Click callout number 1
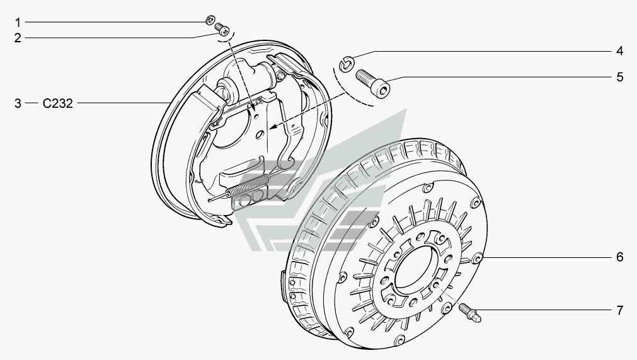pyautogui.click(x=18, y=22)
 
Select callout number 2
pyautogui.click(x=18, y=38)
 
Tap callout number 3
pyautogui.click(x=18, y=103)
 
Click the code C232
pyautogui.click(x=58, y=103)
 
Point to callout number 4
pyautogui.click(x=619, y=50)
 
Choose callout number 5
pyautogui.click(x=619, y=77)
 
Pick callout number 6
pyautogui.click(x=619, y=257)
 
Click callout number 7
pyautogui.click(x=619, y=310)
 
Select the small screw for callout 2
pyautogui.click(x=221, y=28)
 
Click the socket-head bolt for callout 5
pyautogui.click(x=373, y=84)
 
